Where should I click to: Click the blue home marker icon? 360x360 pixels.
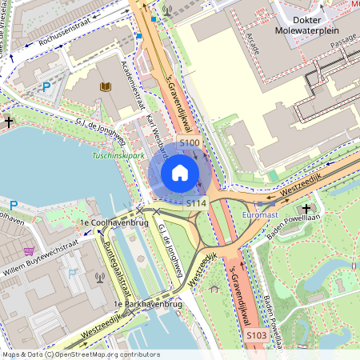click(180, 173)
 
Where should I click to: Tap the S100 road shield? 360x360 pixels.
click(190, 142)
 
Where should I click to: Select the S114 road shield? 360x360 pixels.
click(197, 204)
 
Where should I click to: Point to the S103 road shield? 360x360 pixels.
click(255, 334)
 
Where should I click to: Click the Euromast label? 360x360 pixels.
click(260, 215)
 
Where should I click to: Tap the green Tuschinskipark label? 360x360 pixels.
click(118, 155)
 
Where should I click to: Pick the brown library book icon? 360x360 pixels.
click(106, 86)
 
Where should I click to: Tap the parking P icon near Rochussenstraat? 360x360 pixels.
click(46, 86)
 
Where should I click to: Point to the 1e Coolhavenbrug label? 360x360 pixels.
click(105, 222)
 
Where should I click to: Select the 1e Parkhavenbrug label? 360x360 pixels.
click(149, 305)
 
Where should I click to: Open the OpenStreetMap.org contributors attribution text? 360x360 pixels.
click(105, 354)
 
